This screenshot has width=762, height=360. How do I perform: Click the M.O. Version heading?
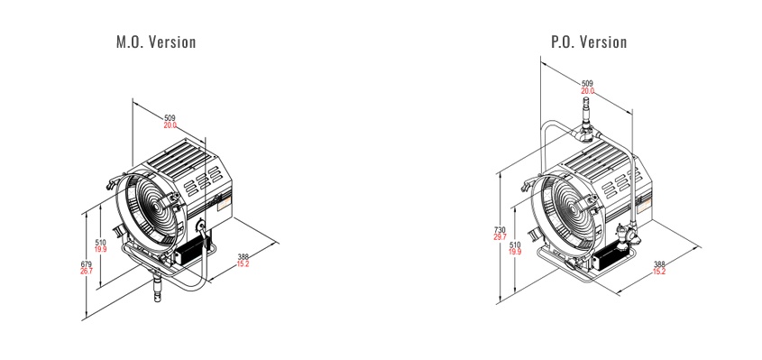coord(156,42)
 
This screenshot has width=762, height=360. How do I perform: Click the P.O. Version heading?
coord(589,42)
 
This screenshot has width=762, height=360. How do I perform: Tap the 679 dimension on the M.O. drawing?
coord(86,264)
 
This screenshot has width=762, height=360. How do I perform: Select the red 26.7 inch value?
coord(86,271)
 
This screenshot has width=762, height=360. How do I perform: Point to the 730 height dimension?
coord(500,229)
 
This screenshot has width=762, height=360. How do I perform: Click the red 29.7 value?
coord(500,237)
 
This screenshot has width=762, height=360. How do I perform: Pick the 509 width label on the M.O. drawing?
coord(170,118)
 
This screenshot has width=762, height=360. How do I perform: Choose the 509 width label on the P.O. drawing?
coord(588,84)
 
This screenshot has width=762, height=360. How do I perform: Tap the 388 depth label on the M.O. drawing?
coord(243,257)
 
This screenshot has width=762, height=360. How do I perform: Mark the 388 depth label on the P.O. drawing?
coord(659,264)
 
